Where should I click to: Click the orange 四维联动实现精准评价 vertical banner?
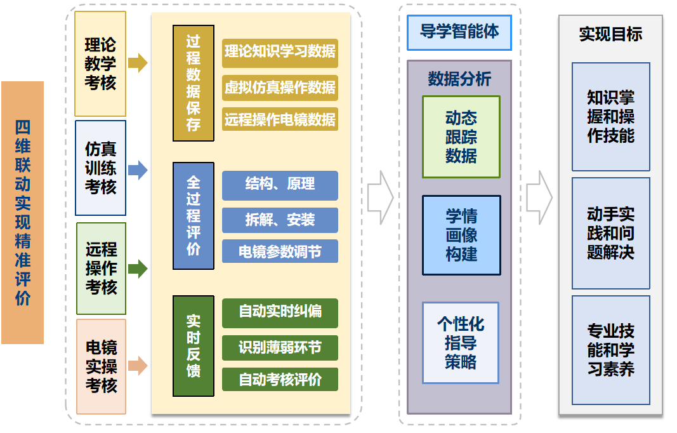22,212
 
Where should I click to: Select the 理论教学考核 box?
100,63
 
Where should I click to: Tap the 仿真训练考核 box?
100,168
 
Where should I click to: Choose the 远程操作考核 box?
101,268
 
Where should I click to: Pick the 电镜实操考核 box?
101,366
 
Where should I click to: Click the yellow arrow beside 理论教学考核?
138,63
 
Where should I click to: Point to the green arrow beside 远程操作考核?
138,269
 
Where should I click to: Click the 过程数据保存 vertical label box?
194,83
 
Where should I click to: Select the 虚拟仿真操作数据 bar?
280,88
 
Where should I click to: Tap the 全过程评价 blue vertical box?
194,216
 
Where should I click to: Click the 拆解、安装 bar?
280,220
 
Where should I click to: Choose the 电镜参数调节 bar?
280,251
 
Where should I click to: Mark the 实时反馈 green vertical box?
194,346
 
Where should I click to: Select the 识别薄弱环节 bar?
280,348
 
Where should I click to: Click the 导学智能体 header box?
459,32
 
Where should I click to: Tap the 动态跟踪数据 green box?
461,137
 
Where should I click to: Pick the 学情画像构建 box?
461,235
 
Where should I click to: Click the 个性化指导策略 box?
461,343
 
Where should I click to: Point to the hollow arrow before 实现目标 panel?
540,197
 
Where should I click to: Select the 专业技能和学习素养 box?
610,350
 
